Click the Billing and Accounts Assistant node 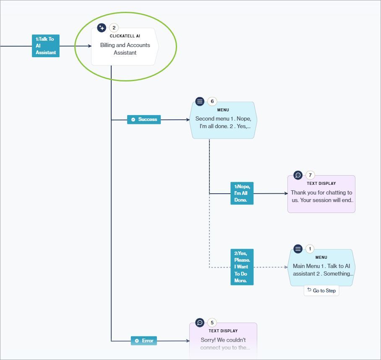pyautogui.click(x=125, y=49)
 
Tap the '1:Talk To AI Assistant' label pyautogui.click(x=46, y=46)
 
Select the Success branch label pyautogui.click(x=144, y=119)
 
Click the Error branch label pyautogui.click(x=144, y=341)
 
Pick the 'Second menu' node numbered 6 pyautogui.click(x=223, y=122)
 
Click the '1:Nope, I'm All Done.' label pyautogui.click(x=242, y=193)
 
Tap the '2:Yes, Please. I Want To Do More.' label pyautogui.click(x=242, y=267)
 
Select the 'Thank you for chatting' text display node pyautogui.click(x=321, y=196)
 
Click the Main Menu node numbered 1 pyautogui.click(x=321, y=270)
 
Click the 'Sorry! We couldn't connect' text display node pyautogui.click(x=223, y=343)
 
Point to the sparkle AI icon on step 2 pyautogui.click(x=102, y=28)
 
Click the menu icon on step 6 pyautogui.click(x=200, y=101)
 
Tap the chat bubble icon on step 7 pyautogui.click(x=298, y=175)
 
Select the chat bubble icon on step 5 pyautogui.click(x=200, y=323)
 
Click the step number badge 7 pyautogui.click(x=310, y=175)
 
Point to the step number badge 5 pyautogui.click(x=212, y=323)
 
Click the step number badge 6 pyautogui.click(x=212, y=101)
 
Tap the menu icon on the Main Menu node pyautogui.click(x=298, y=249)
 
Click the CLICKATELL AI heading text pyautogui.click(x=125, y=36)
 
